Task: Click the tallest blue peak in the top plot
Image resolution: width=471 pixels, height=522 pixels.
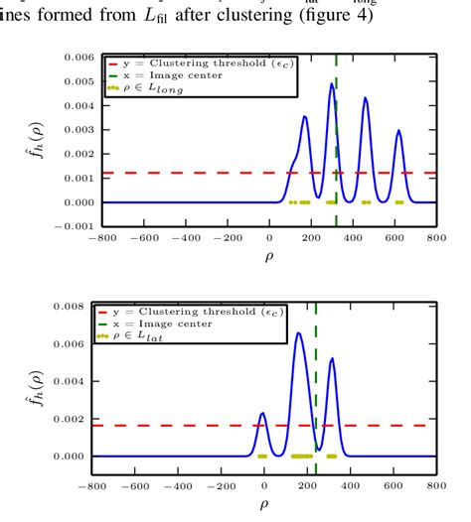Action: click(332, 84)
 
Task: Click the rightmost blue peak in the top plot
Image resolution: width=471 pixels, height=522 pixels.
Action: click(398, 130)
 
